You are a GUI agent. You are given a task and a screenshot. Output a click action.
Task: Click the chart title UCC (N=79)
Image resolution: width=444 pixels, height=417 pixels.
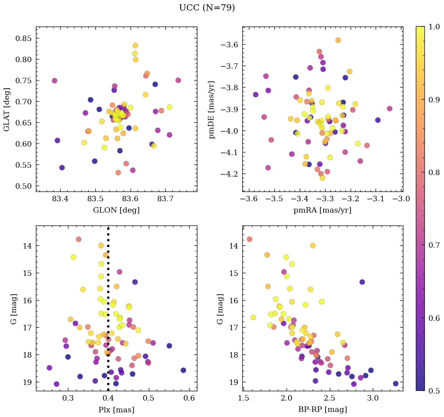click(207, 8)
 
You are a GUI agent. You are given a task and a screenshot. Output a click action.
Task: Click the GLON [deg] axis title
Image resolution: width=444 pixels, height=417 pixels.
click(116, 210)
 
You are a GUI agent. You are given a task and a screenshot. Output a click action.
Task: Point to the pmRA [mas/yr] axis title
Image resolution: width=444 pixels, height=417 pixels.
click(322, 210)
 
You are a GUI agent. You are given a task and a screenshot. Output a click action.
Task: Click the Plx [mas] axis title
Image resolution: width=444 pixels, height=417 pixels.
click(116, 410)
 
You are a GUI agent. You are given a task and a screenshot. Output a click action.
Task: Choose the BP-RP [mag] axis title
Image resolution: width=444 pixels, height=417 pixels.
click(322, 410)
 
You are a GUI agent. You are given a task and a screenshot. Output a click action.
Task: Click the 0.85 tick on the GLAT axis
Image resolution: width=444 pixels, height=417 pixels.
click(24, 38)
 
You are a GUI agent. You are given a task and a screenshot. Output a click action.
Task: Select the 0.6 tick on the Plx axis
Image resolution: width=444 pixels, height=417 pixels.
click(189, 399)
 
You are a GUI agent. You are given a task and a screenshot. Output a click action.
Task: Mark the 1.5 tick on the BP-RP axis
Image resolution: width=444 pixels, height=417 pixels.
click(243, 399)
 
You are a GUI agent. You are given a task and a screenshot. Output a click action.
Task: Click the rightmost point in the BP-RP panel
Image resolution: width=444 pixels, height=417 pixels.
click(396, 383)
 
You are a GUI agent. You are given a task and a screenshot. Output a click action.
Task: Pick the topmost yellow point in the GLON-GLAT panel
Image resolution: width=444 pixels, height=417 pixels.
click(135, 46)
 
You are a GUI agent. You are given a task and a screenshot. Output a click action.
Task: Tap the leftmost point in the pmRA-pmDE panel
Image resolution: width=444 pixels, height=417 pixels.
click(256, 95)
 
